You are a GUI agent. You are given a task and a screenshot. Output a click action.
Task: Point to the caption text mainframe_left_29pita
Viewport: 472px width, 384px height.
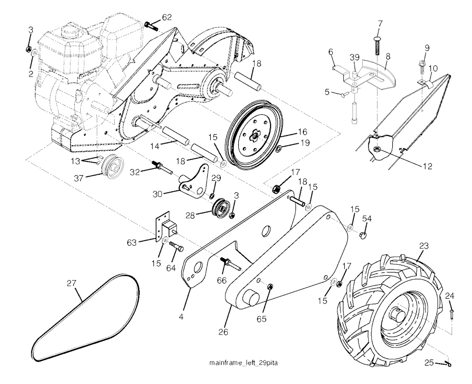pyautogui.click(x=243, y=363)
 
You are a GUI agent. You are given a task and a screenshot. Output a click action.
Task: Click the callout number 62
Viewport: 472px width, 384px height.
pyautogui.click(x=167, y=18)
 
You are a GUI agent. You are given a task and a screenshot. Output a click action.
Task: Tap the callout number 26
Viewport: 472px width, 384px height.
pyautogui.click(x=224, y=332)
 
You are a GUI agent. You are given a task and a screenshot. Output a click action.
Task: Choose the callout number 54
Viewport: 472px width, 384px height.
pyautogui.click(x=366, y=219)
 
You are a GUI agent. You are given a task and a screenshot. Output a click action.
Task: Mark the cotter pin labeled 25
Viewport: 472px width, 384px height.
pyautogui.click(x=445, y=364)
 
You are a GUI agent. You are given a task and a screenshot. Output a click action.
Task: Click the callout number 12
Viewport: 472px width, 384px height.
pyautogui.click(x=427, y=166)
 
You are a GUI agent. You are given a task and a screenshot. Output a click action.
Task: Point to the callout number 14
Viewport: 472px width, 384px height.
pyautogui.click(x=155, y=146)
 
